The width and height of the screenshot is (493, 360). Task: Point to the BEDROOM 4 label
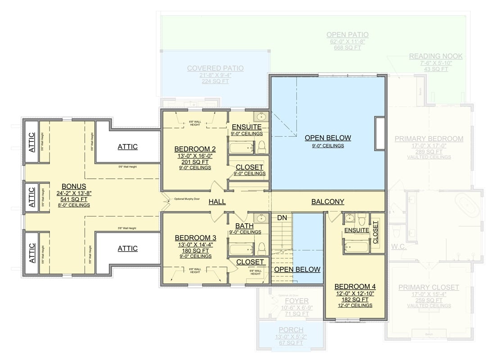[x=355, y=286]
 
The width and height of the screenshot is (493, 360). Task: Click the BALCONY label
[x=328, y=202]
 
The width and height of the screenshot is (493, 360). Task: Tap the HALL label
[x=217, y=202]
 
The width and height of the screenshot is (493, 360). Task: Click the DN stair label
[x=282, y=218]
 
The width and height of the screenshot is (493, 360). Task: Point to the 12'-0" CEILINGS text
[x=355, y=306]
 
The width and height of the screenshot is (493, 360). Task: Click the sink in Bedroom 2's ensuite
[x=260, y=117]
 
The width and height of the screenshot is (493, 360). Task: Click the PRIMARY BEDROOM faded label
[x=429, y=139]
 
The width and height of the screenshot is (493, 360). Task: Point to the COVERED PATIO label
[x=215, y=68]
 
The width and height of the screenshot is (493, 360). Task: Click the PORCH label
[x=290, y=330]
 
